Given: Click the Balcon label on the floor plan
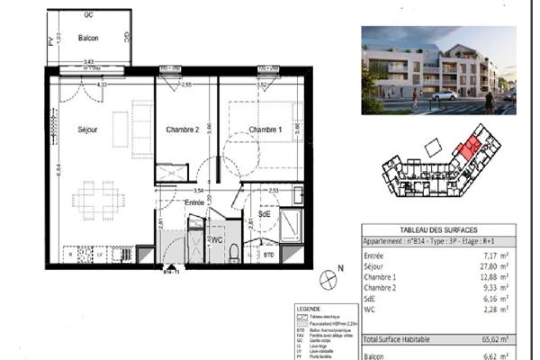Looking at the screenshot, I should pos(88,38).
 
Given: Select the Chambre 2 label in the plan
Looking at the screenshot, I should pos(182,130).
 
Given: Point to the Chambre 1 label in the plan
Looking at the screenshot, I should pos(265,130).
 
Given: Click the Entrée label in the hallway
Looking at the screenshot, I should pos(194,204).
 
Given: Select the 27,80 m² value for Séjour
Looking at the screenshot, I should pos(496,267).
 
